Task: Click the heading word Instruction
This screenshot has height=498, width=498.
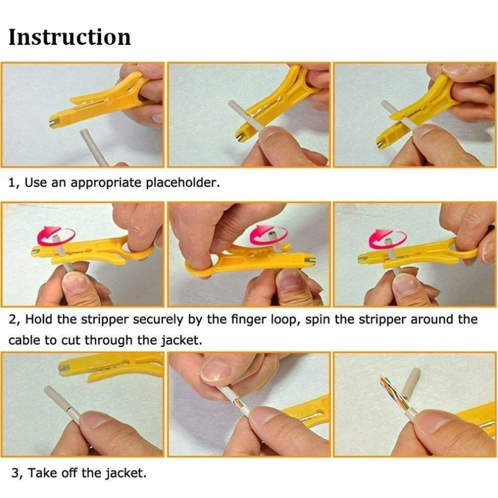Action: [x=70, y=37]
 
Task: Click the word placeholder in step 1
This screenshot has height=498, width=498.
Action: [x=182, y=183]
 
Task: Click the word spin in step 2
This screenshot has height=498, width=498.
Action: [x=318, y=320]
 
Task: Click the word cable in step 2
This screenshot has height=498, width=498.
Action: [x=24, y=340]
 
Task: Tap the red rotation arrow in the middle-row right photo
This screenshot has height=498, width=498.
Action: [x=388, y=238]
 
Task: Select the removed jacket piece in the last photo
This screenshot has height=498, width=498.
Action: [x=411, y=384]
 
